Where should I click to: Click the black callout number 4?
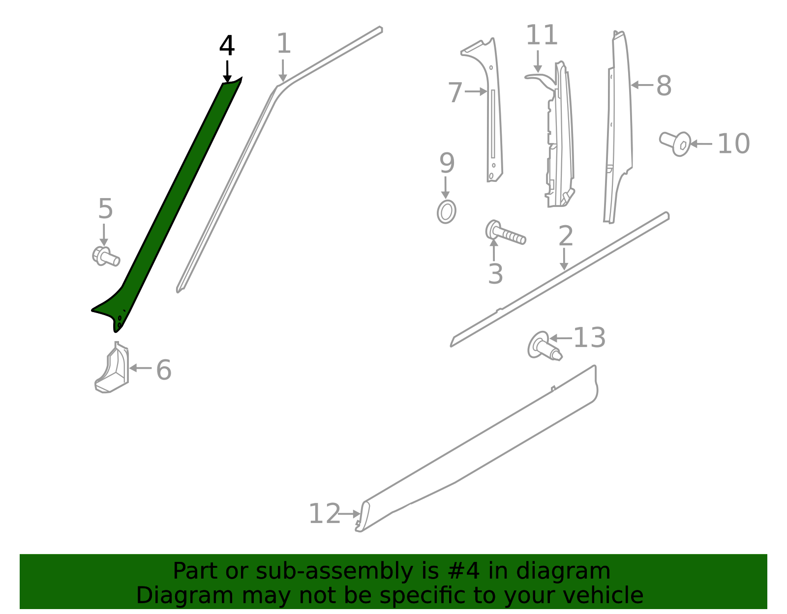(x=227, y=46)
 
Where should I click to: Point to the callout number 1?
(x=284, y=44)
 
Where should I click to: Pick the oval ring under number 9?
(x=446, y=212)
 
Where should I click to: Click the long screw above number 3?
(x=506, y=234)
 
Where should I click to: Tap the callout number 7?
(x=455, y=93)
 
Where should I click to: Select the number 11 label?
(x=542, y=35)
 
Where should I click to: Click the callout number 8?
(x=664, y=86)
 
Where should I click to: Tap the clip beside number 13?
(x=544, y=346)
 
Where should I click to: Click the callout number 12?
(x=324, y=514)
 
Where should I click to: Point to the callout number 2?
(x=566, y=236)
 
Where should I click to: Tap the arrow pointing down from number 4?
(x=227, y=71)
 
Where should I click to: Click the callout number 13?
(x=589, y=338)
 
